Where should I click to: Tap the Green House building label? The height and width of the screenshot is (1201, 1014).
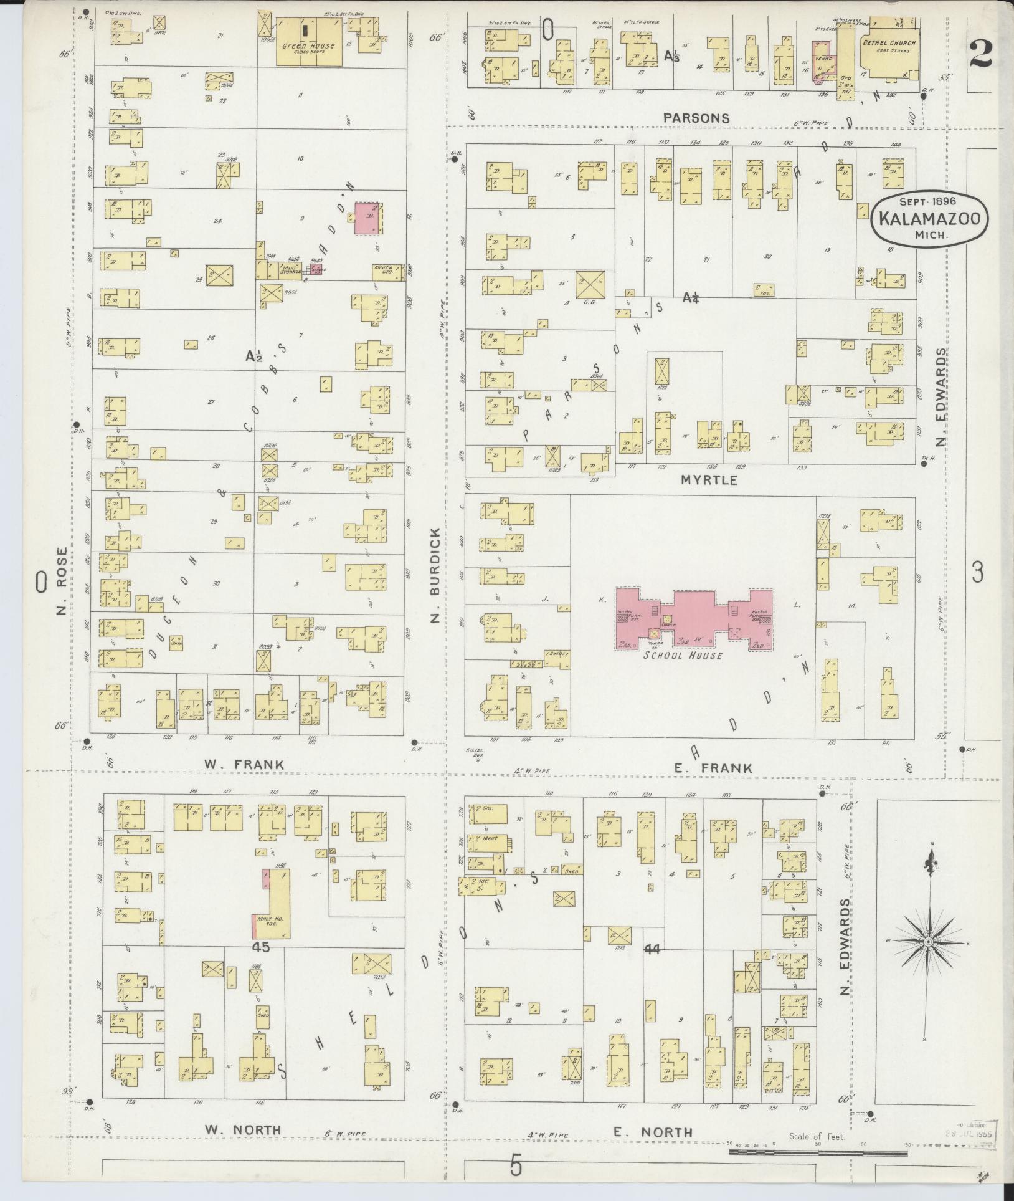tap(308, 45)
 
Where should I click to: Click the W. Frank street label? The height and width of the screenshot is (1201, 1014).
tap(244, 765)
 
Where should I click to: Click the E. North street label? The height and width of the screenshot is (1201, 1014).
tap(653, 1132)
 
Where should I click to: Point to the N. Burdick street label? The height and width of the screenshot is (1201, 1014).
tap(435, 575)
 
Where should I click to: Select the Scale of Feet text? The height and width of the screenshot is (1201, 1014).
tap(817, 1137)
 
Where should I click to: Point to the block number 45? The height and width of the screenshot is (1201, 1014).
tap(261, 965)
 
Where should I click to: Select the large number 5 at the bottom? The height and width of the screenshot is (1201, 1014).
tap(516, 1165)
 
